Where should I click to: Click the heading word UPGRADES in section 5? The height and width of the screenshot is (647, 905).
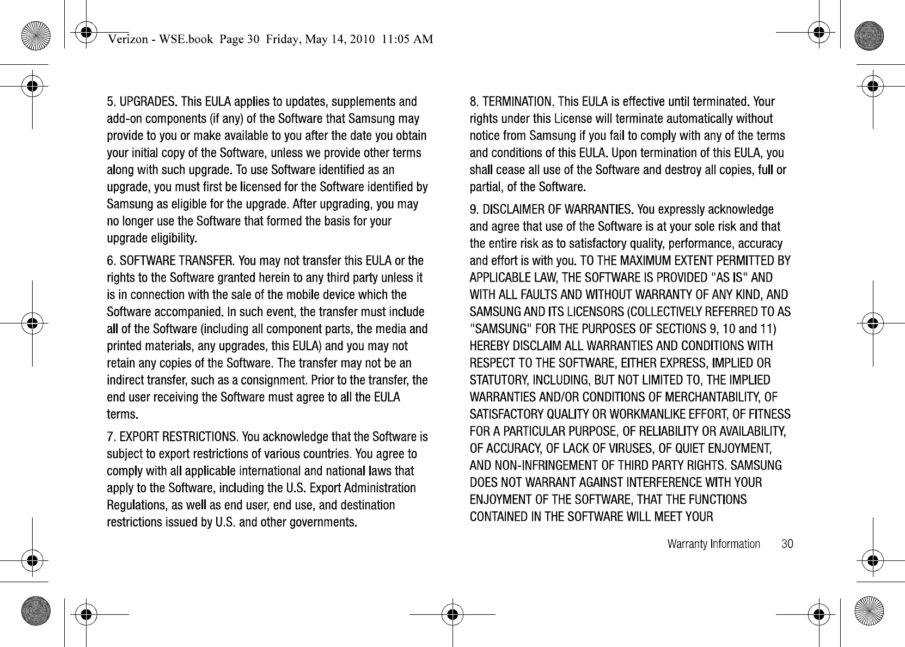147,102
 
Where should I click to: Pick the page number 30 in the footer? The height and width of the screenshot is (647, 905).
787,544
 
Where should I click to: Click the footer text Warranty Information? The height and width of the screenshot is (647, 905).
713,544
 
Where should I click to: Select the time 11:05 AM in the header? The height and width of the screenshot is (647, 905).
407,39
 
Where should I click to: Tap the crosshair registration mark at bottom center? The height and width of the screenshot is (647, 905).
452,614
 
